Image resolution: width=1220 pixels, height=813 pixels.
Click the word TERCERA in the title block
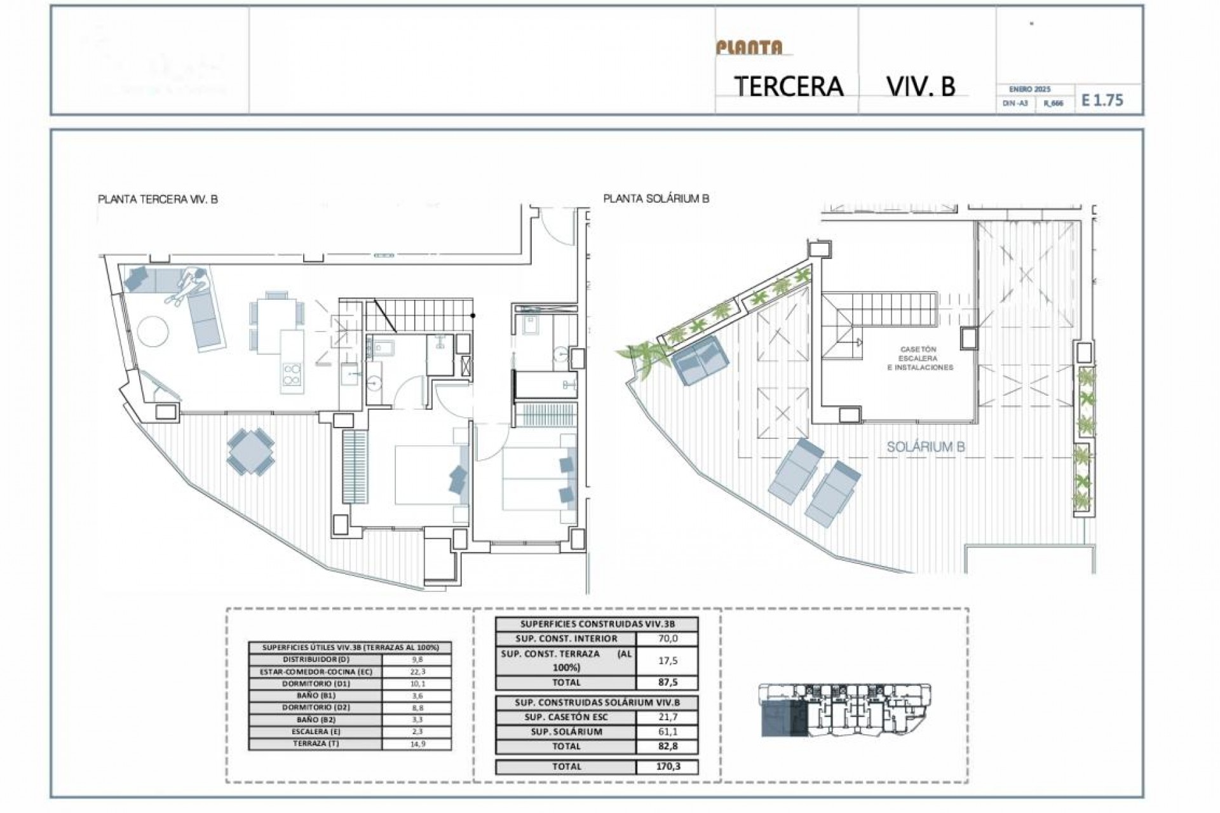pos(789,86)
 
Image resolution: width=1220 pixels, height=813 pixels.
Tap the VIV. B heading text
pos(921,86)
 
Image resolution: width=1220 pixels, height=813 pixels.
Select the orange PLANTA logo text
pos(749,48)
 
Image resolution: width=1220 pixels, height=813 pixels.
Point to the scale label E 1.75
pos(1102,100)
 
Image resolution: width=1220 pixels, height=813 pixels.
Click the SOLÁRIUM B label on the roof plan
pos(925,447)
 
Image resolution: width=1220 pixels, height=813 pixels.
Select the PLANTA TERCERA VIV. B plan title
pos(158,199)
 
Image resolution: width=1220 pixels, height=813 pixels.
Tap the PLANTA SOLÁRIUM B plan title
pos(656,199)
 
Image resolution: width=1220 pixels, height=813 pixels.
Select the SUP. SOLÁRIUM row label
pos(566,732)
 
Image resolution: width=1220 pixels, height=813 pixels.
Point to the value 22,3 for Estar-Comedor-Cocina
pos(416,671)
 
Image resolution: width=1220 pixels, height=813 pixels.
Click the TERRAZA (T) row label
pos(315,744)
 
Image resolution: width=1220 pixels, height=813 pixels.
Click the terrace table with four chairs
pos(251,451)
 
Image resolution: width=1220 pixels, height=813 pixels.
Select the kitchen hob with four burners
pos(292,375)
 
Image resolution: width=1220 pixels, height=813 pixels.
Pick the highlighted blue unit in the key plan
pos(783,720)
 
